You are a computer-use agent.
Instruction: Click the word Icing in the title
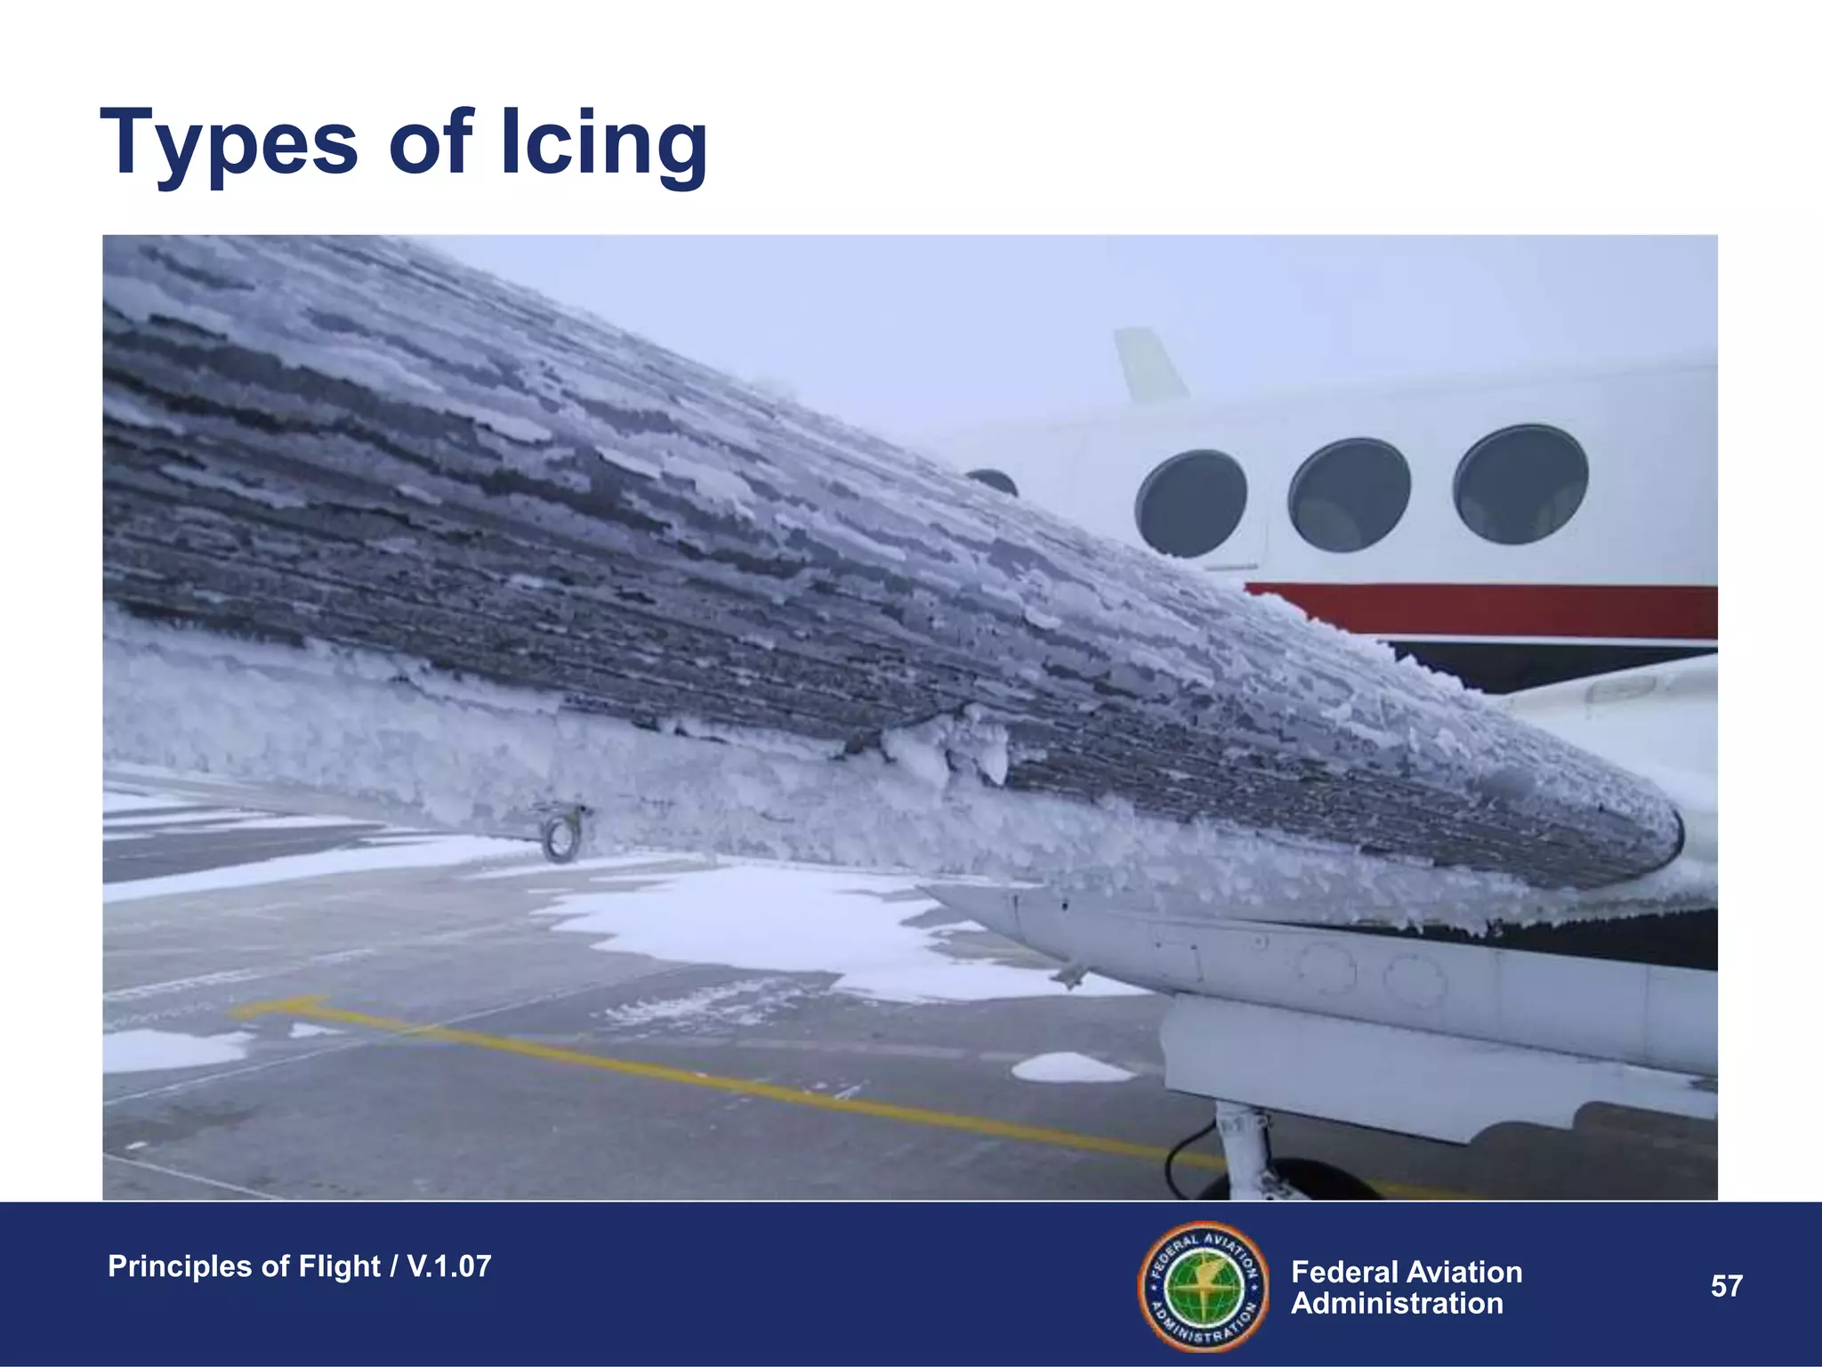pyautogui.click(x=604, y=142)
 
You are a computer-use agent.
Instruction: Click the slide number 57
pyautogui.click(x=1726, y=1286)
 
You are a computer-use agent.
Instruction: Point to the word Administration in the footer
pyautogui.click(x=1397, y=1304)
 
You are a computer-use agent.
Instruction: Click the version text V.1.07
pyautogui.click(x=448, y=1266)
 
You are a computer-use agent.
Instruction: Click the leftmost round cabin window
pyautogui.click(x=1190, y=504)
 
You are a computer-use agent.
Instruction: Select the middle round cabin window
pyautogui.click(x=1349, y=494)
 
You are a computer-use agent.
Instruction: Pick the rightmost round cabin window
pyautogui.click(x=1520, y=484)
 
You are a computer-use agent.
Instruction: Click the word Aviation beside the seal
pyautogui.click(x=1463, y=1273)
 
